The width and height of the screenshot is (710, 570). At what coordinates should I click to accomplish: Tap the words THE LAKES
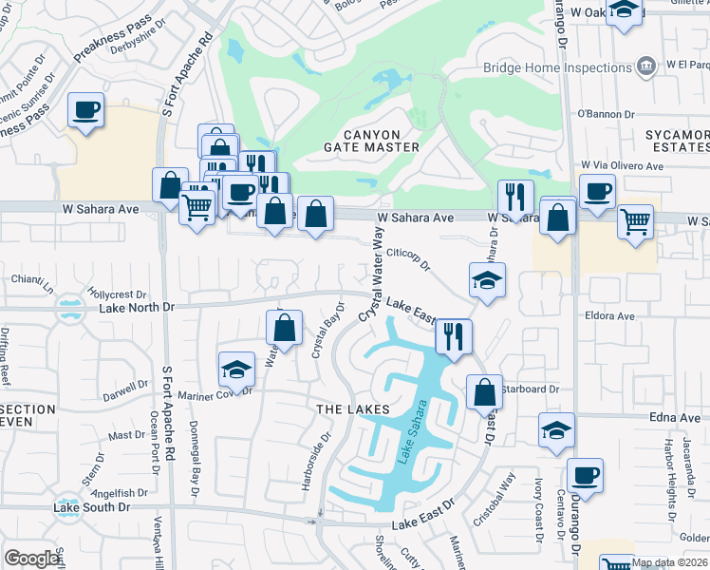coord(353,408)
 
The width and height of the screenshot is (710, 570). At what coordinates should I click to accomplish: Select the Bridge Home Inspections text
coord(557,66)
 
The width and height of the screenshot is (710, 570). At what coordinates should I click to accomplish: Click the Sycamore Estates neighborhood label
coord(678,142)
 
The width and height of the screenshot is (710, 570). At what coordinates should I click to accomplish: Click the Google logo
coord(31,559)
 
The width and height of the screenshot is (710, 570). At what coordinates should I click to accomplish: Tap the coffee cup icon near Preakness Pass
coord(86,112)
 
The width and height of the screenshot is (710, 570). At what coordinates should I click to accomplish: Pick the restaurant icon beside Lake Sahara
coord(454,335)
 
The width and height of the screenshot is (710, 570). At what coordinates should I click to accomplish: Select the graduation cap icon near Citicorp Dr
coord(487,280)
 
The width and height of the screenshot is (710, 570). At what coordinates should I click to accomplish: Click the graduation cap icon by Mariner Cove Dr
coord(236,369)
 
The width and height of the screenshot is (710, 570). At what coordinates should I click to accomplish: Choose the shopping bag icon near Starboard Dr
coord(484,390)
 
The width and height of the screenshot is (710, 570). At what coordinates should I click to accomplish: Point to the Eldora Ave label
coord(609,314)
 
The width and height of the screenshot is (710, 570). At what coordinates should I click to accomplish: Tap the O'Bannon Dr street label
coord(605,114)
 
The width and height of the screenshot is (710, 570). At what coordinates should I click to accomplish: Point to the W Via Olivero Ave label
coord(622,165)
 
